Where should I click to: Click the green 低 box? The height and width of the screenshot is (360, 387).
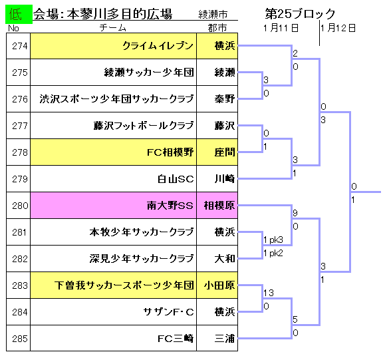19,15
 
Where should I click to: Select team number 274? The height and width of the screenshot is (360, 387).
20,46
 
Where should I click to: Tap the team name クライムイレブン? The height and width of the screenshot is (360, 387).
158,46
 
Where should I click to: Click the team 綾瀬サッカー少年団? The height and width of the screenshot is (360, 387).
149,73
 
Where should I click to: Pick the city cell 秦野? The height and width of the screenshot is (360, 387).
225,99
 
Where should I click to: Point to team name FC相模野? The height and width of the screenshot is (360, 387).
170,152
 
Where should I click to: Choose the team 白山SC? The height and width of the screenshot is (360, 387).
176,179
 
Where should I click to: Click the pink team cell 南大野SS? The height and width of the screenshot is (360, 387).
114,206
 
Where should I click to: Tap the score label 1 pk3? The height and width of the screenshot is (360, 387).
273,240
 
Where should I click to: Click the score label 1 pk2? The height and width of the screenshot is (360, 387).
273,253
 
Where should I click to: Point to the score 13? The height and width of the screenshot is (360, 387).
269,293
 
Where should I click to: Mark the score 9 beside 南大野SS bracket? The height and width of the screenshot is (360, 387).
295,213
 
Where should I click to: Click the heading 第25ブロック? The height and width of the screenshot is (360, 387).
300,14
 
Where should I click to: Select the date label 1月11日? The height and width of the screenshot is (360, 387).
281,28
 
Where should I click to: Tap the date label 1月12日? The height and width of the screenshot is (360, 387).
338,28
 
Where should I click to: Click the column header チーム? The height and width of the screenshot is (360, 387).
113,28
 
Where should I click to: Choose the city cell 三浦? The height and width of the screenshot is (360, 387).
225,339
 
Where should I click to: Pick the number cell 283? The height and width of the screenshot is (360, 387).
20,285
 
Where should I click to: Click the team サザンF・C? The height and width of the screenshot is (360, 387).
169,312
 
